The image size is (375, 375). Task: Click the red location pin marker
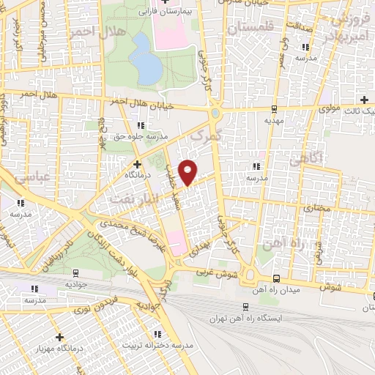click(x=188, y=172)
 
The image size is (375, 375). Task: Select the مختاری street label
click(x=317, y=208)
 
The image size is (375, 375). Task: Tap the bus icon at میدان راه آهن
click(x=276, y=278)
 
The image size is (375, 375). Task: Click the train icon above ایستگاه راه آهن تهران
click(x=245, y=308)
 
